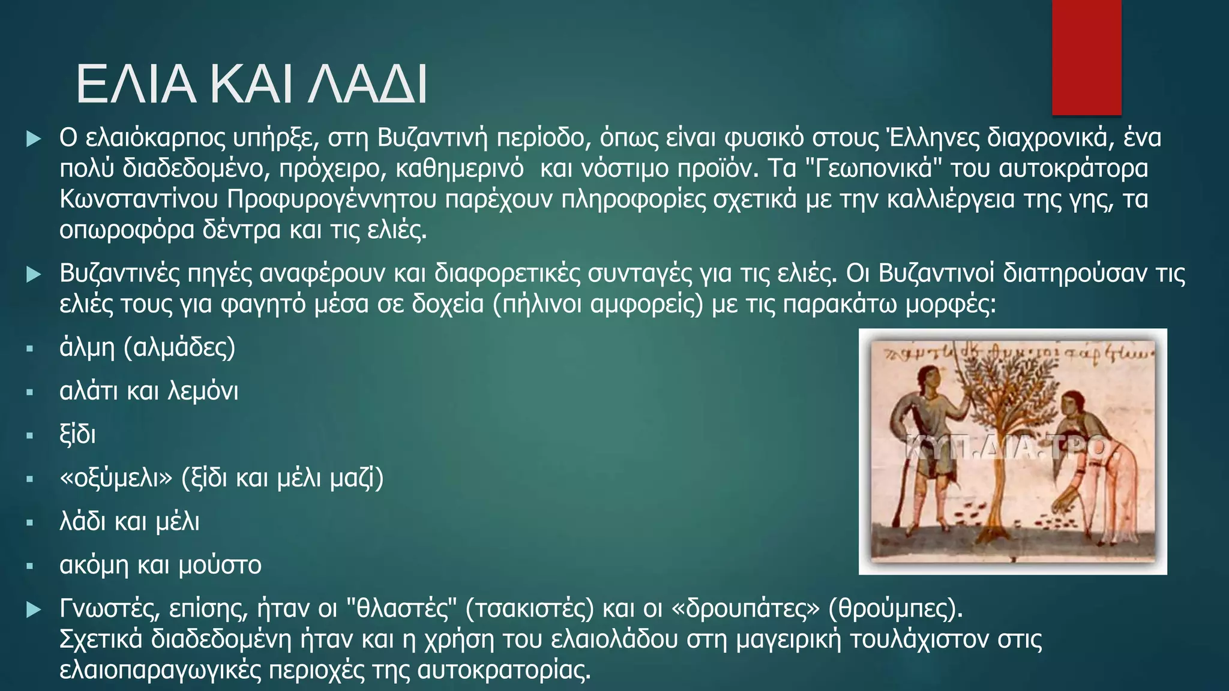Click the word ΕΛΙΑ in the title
[136, 85]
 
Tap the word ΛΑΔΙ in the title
[368, 85]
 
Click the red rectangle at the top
[1086, 58]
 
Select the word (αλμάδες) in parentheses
[179, 348]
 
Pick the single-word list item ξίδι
[77, 435]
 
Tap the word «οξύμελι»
[116, 479]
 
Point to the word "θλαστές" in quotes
[399, 609]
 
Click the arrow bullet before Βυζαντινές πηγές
[34, 275]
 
